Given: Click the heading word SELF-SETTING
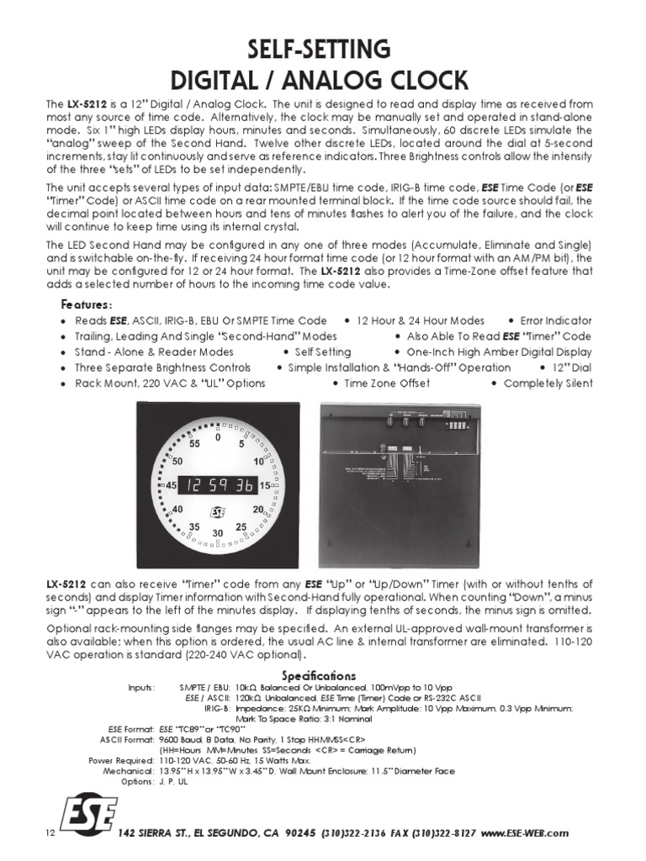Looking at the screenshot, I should (323, 47).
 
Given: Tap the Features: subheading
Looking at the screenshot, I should (87, 304).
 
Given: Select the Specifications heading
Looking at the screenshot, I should (319, 675).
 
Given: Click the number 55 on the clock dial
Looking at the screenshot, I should (194, 444).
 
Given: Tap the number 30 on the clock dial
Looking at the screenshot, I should (218, 533).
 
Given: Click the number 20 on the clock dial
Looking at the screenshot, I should (258, 510).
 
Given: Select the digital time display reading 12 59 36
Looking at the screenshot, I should (218, 485).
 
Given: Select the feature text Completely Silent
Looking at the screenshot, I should (548, 383).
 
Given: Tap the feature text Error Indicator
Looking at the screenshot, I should (556, 320).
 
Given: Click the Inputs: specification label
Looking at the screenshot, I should (141, 688).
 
